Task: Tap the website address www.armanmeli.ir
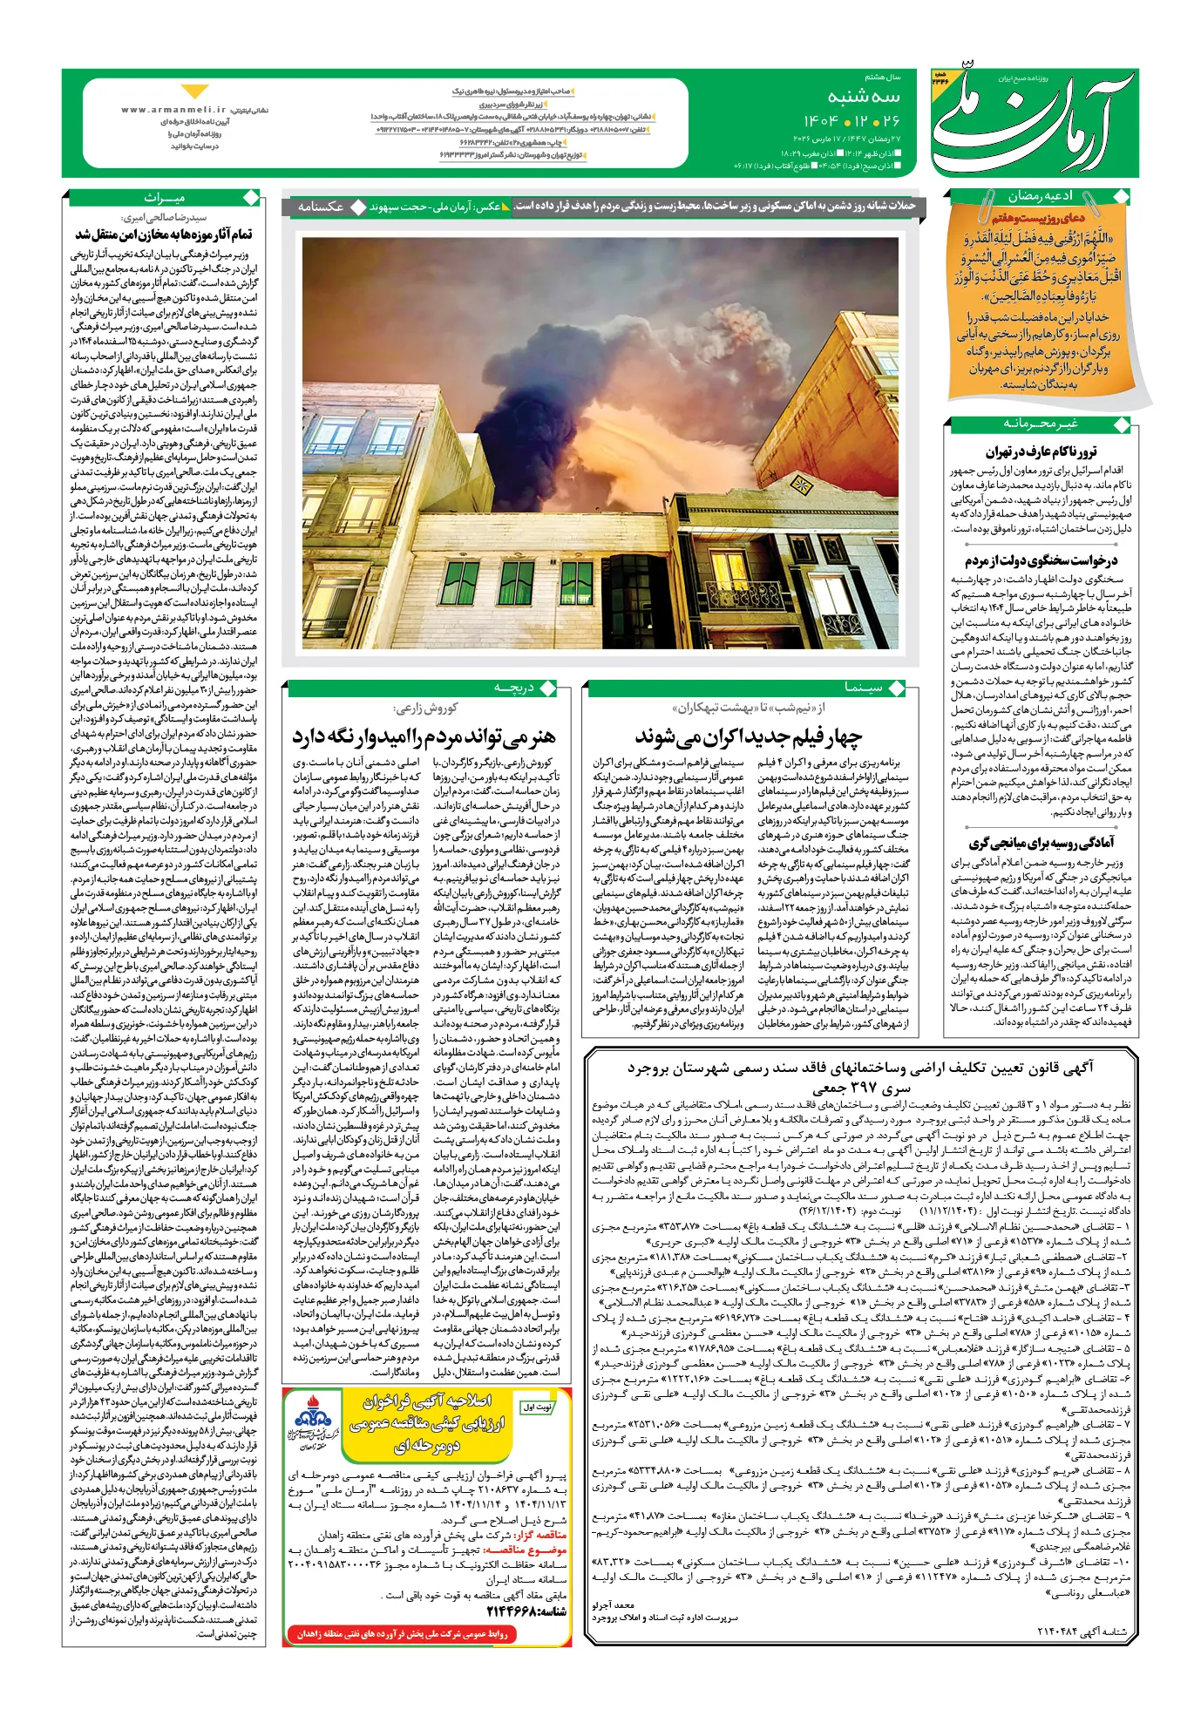tap(174, 111)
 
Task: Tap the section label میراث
tap(165, 198)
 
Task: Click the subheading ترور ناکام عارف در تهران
tap(1041, 451)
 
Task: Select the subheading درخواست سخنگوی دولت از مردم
tap(1041, 560)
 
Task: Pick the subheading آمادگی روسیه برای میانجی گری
tap(1041, 843)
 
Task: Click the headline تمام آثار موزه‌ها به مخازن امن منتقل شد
tap(164, 234)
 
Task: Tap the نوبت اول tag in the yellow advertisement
tap(537, 1407)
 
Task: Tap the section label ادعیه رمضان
tap(1040, 197)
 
